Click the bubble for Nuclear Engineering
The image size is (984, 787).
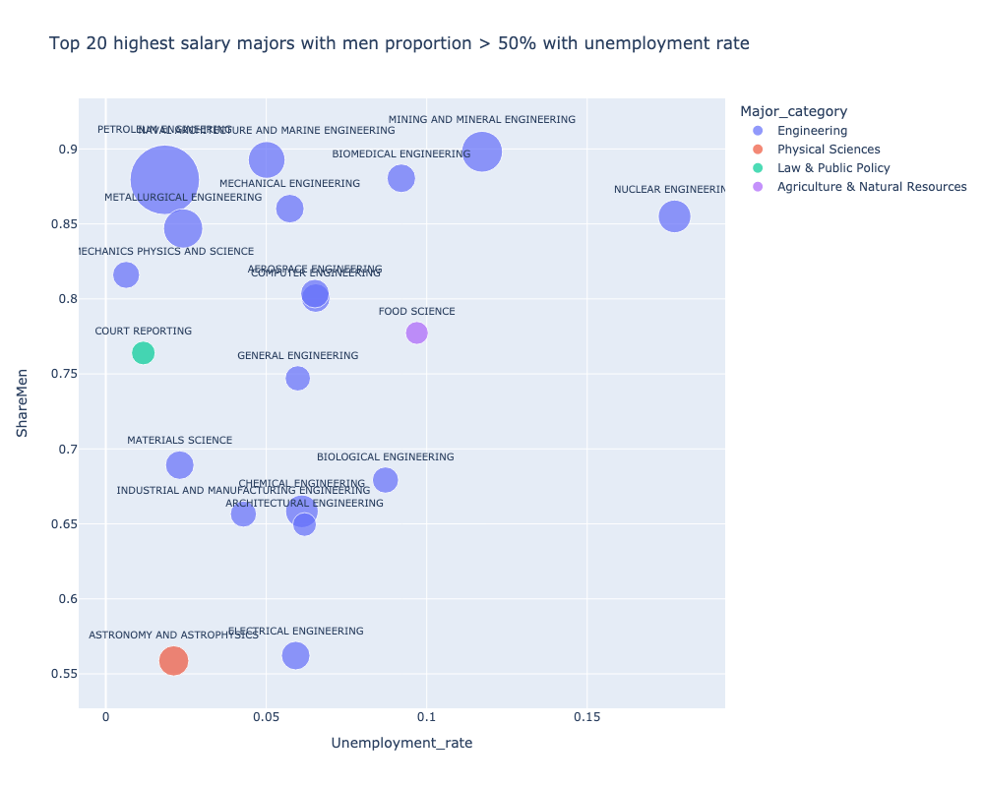674,216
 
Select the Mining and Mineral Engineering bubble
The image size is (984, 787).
482,151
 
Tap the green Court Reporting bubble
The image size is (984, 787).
143,353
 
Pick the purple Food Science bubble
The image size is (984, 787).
417,333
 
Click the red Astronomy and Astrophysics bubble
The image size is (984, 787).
173,660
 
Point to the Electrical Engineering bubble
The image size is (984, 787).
295,655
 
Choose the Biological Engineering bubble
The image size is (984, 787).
386,480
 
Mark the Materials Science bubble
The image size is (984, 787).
179,464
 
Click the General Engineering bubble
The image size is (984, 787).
297,378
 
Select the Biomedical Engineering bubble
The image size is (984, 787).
401,178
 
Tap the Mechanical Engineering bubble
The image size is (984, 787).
289,209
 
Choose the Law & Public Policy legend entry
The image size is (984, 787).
832,168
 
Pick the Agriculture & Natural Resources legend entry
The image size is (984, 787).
871,187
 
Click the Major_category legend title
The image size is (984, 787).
794,110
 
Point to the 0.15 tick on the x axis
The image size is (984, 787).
586,718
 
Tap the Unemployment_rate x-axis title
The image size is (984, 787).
401,744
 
